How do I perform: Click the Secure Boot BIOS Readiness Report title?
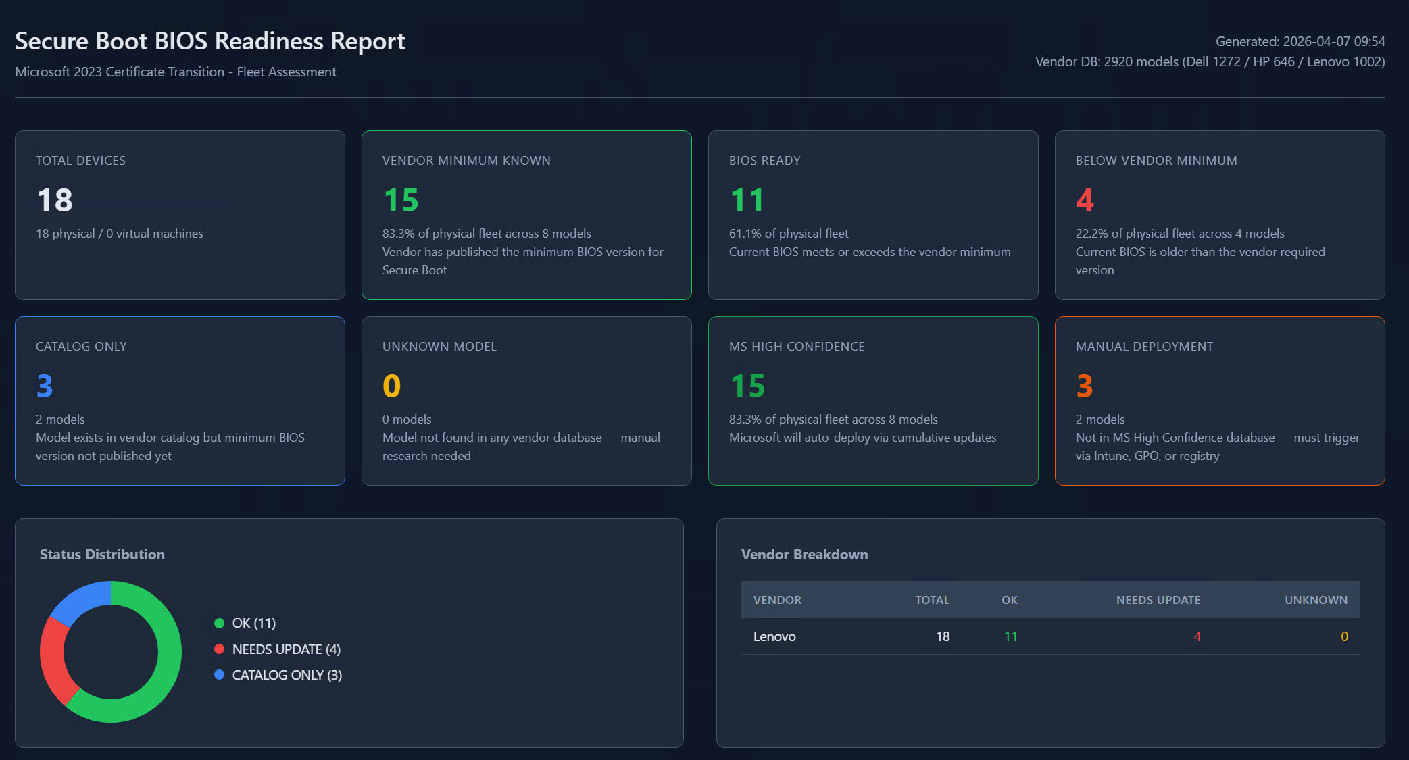pos(209,41)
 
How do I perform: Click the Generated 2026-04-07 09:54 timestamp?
pos(1300,41)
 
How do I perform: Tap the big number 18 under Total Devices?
pos(55,201)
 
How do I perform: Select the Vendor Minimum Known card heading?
pos(466,161)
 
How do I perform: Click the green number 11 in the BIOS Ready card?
pos(747,201)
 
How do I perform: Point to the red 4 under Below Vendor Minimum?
pos(1085,201)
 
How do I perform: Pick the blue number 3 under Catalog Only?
pos(45,386)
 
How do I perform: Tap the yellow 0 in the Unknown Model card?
pos(391,386)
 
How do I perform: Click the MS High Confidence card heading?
pos(797,347)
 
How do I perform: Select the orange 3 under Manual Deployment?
pos(1084,386)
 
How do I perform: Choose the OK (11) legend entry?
pos(253,623)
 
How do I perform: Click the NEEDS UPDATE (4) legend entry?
pos(286,649)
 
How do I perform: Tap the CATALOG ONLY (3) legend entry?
pos(287,675)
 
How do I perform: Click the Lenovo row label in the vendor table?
pos(774,636)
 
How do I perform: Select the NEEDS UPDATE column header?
pos(1158,600)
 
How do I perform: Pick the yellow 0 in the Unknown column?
pos(1344,636)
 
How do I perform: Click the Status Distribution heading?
pos(102,555)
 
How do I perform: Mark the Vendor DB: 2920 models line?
pos(1210,62)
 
